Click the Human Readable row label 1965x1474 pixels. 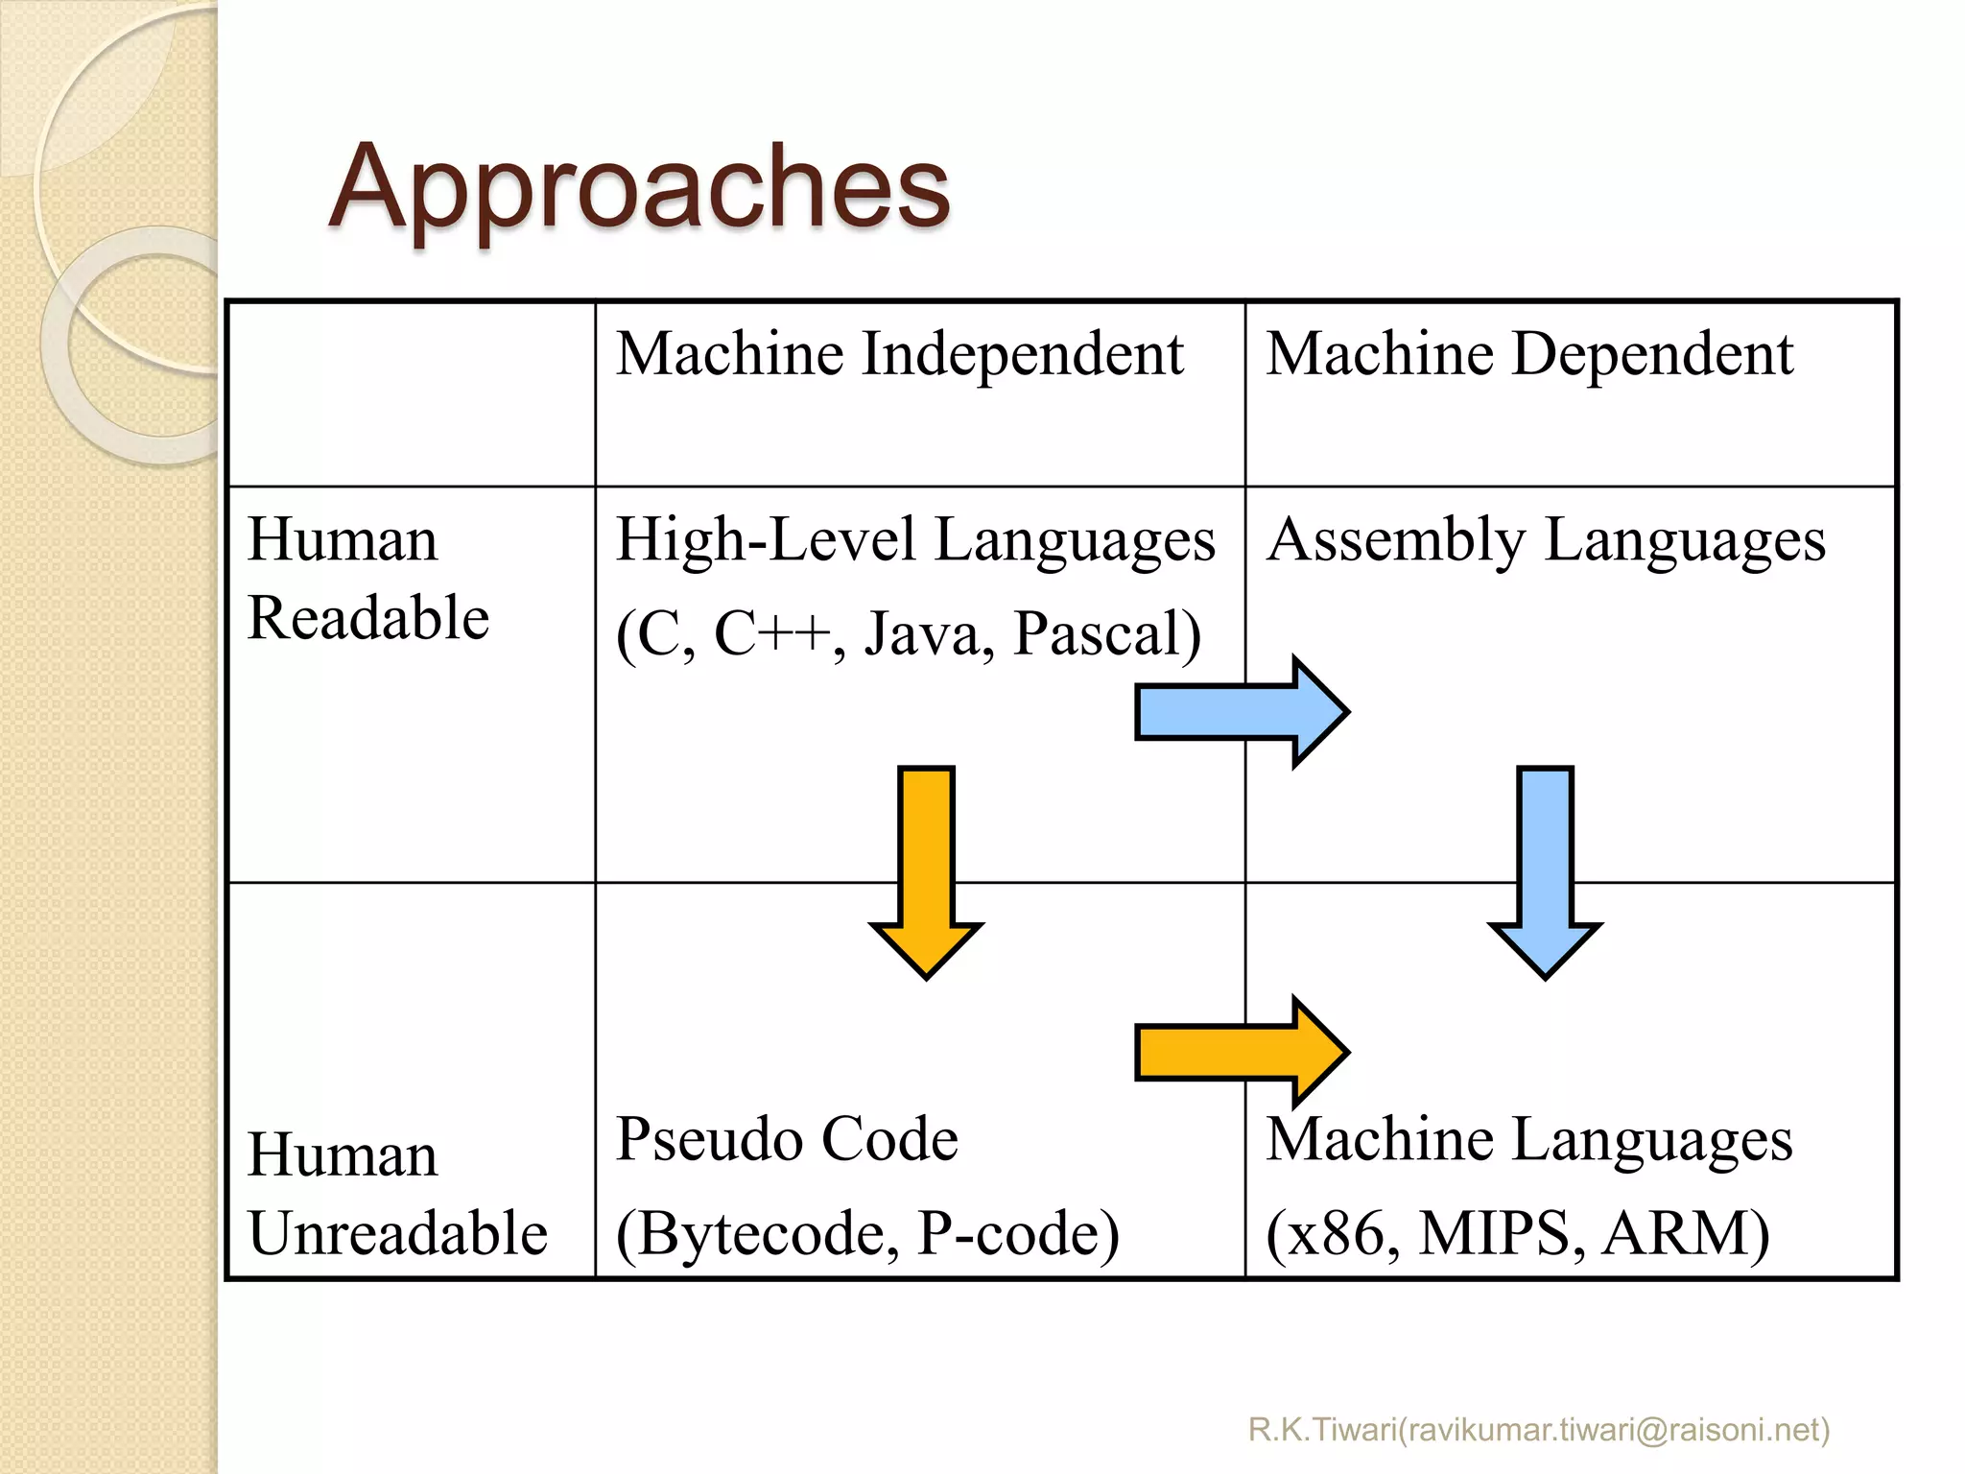(367, 578)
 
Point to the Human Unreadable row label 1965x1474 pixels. (396, 1193)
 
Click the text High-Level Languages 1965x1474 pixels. (914, 540)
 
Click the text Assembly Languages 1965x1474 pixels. (1545, 540)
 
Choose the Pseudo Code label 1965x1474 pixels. (787, 1139)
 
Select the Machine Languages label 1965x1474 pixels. (1528, 1140)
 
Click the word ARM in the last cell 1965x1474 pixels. (1684, 1233)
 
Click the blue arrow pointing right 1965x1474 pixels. (1241, 712)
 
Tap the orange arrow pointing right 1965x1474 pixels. (1241, 1053)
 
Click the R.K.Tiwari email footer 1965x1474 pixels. (1538, 1430)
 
